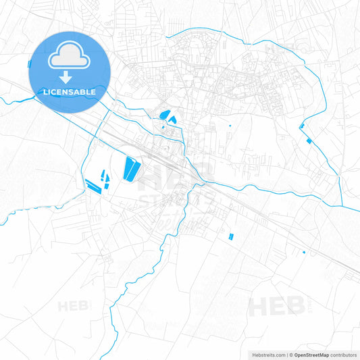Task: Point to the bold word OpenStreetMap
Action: (x=311, y=355)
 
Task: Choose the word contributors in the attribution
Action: (x=343, y=355)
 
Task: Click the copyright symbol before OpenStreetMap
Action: (x=292, y=355)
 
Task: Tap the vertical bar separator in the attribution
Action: (x=286, y=355)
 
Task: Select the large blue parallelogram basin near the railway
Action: (x=130, y=168)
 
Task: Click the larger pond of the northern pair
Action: (x=163, y=114)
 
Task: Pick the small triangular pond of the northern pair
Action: (x=172, y=120)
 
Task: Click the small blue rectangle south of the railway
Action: (x=230, y=236)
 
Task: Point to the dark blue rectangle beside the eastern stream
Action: (x=309, y=141)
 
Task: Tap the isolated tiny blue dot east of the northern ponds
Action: (x=230, y=126)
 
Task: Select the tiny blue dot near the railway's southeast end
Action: (x=304, y=252)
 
